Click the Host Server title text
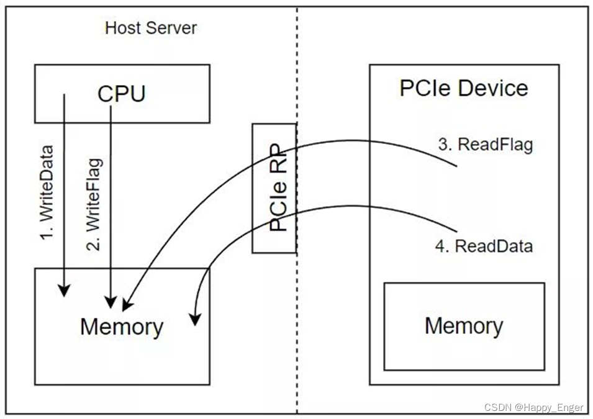[x=150, y=28]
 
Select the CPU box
[x=122, y=93]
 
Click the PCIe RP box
[x=274, y=187]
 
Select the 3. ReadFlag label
[x=486, y=145]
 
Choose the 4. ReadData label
[x=484, y=246]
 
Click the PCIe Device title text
[x=463, y=88]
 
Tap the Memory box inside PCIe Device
[x=464, y=327]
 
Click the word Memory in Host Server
[x=121, y=327]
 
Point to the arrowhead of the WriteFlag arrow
[x=111, y=302]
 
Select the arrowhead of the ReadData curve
[x=195, y=319]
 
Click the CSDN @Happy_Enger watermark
[x=533, y=407]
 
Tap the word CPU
[x=121, y=94]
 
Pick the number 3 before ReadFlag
[x=443, y=145]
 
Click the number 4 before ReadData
[x=441, y=246]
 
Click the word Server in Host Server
[x=174, y=28]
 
